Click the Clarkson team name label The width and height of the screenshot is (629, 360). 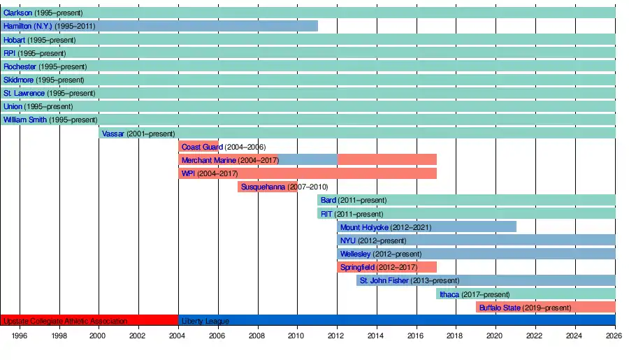(x=17, y=13)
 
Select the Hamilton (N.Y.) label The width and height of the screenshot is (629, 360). (x=28, y=26)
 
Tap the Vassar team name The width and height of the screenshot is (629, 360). (x=113, y=134)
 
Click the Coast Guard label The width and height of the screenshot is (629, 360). (x=202, y=147)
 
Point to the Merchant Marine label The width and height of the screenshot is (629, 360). (x=208, y=160)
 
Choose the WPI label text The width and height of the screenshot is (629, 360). (x=188, y=173)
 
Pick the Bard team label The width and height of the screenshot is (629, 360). (x=328, y=201)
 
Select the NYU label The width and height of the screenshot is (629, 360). (x=348, y=240)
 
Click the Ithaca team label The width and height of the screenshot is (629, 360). (x=449, y=294)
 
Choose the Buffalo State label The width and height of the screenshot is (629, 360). (x=500, y=308)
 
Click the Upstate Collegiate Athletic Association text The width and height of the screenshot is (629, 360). (x=65, y=322)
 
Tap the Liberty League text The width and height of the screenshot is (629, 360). (x=205, y=322)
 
